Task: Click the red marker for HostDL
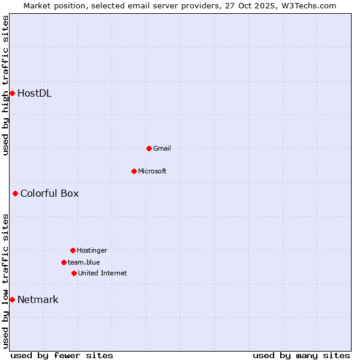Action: (12, 93)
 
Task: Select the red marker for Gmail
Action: (149, 148)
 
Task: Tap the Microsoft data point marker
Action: (134, 171)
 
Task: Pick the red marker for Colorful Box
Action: (15, 193)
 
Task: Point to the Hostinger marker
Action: (73, 250)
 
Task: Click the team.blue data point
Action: (64, 262)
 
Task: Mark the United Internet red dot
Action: (74, 273)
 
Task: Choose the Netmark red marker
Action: (12, 299)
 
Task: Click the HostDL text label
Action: (34, 93)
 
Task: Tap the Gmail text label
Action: (162, 148)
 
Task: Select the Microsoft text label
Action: (152, 171)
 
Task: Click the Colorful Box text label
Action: (49, 193)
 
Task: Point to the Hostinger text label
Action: (92, 250)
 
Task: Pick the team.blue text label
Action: (83, 262)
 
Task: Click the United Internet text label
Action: (102, 273)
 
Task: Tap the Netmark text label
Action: (38, 299)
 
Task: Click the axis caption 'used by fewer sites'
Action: (62, 355)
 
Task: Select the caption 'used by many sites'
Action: (301, 355)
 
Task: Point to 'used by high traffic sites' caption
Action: (5, 85)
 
